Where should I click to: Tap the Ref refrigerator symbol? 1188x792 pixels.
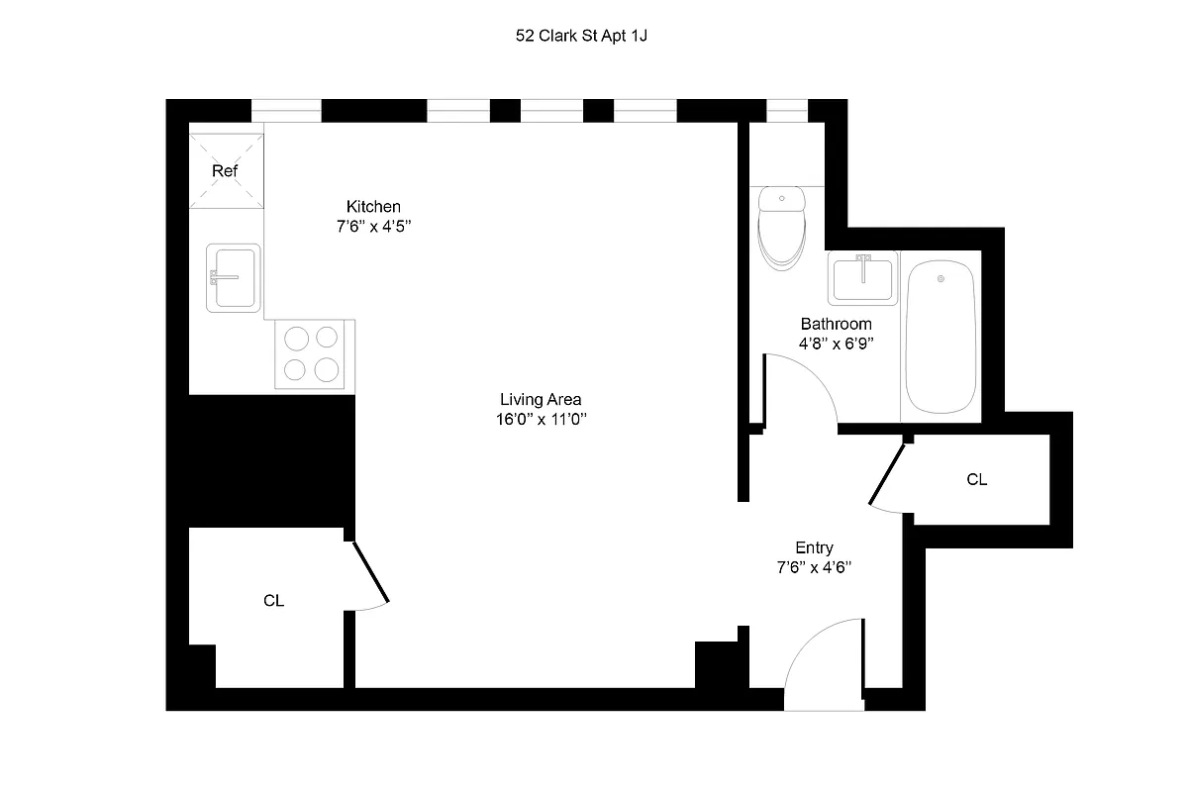226,170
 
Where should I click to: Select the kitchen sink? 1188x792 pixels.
234,278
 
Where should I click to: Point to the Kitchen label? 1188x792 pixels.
373,207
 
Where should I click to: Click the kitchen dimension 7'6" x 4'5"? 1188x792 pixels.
373,227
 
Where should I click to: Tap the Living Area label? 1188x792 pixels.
540,400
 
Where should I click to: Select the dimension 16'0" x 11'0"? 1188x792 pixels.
540,420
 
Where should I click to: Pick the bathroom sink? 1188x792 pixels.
863,276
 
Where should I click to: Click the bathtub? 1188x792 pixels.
940,336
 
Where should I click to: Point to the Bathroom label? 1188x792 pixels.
836,324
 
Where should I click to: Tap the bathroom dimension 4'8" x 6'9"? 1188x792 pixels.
836,344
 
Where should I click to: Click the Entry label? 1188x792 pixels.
814,547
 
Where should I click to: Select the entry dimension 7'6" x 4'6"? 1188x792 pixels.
814,568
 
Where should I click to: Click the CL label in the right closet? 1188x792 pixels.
977,480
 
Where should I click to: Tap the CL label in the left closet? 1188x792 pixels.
274,601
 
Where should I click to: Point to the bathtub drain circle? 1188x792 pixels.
940,279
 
